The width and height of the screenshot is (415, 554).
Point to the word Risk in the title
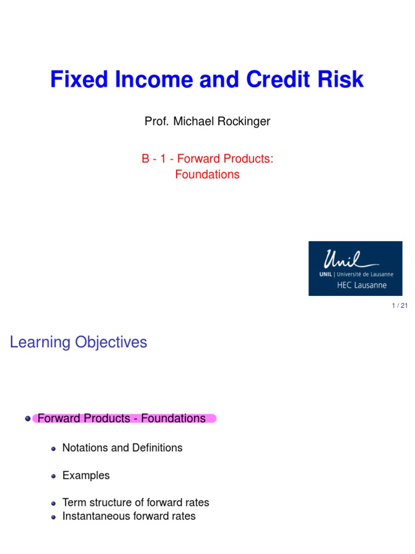342,80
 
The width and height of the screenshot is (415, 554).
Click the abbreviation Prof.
156,121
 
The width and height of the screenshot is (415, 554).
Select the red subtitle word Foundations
207,175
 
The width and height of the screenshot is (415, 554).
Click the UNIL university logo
355,268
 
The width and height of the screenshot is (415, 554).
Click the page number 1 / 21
400,306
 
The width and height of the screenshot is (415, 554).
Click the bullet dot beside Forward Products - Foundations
28,419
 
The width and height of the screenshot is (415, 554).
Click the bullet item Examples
86,476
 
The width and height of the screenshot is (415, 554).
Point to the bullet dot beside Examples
53,477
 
